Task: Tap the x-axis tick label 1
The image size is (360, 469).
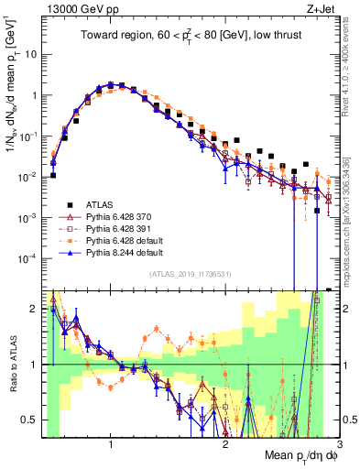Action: pos(111,445)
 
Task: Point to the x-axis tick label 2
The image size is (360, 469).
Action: pos(225,445)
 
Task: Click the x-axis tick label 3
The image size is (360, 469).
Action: pos(339,445)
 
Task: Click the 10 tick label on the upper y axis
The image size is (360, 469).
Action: pos(29,54)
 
